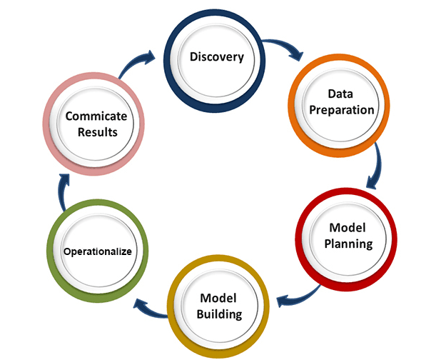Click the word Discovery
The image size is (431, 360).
click(217, 56)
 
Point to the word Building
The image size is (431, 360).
click(220, 314)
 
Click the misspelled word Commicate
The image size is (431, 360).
click(96, 116)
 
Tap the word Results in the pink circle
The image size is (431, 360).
click(96, 132)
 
